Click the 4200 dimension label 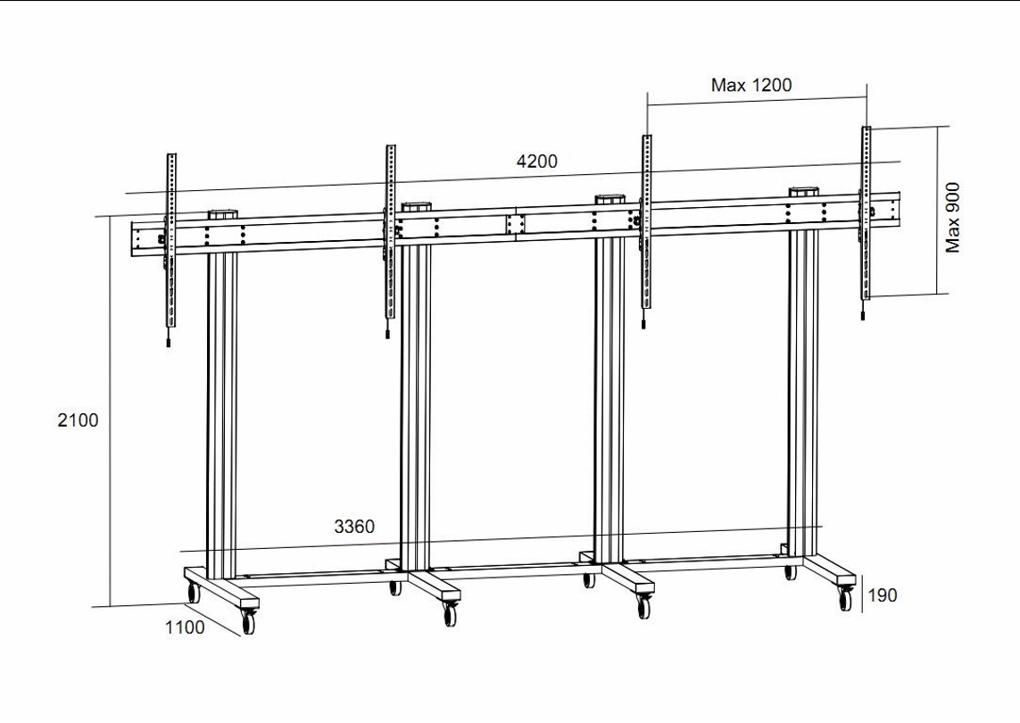pyautogui.click(x=536, y=161)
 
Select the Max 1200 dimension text pyautogui.click(x=751, y=85)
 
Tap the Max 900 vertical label pyautogui.click(x=953, y=218)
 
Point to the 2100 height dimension pyautogui.click(x=78, y=420)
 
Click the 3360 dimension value pyautogui.click(x=354, y=526)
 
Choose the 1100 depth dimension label pyautogui.click(x=185, y=627)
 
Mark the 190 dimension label pyautogui.click(x=882, y=594)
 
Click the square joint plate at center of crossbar pyautogui.click(x=515, y=224)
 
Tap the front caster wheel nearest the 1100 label pyautogui.click(x=248, y=620)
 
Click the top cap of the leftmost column pyautogui.click(x=222, y=214)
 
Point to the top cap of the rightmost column pyautogui.click(x=803, y=193)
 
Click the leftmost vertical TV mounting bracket pyautogui.click(x=171, y=241)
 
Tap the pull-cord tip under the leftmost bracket pyautogui.click(x=169, y=342)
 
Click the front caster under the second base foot pyautogui.click(x=450, y=613)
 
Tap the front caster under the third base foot pyautogui.click(x=644, y=605)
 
